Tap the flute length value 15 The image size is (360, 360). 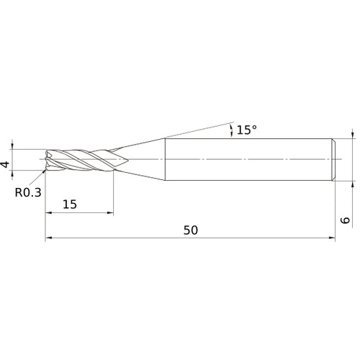coord(70,204)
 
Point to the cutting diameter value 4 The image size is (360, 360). coord(6,164)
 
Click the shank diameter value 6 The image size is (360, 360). coord(345,222)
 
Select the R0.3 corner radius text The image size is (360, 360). coord(28,192)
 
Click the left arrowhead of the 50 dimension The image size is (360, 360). coord(48,238)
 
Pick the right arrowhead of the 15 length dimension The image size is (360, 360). coord(109,213)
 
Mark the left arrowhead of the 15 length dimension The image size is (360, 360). coord(48,213)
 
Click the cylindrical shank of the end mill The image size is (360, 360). coord(248,158)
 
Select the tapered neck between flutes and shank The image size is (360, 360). coord(144,158)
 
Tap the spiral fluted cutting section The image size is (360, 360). coord(83,159)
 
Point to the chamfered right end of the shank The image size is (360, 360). coord(334,158)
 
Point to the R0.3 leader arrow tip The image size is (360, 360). coord(45,171)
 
